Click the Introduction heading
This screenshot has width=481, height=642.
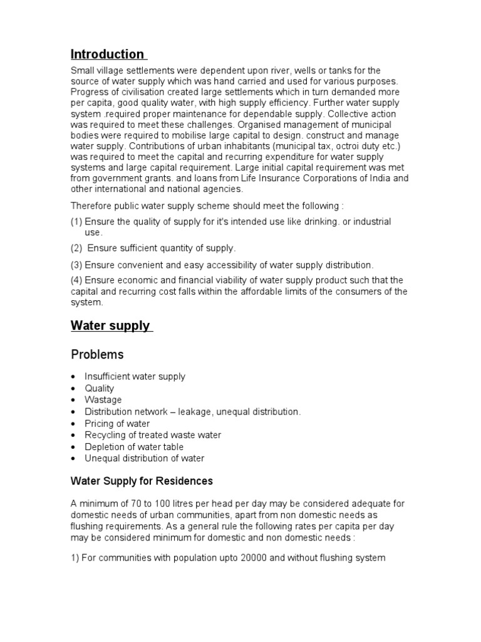(x=107, y=54)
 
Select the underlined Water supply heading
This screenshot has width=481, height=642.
(x=110, y=325)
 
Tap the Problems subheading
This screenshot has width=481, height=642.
(x=97, y=355)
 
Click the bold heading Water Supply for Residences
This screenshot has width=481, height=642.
(x=142, y=481)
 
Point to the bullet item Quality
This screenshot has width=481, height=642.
(x=100, y=388)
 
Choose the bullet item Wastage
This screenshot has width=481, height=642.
(x=103, y=400)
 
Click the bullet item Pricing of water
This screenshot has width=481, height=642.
(x=117, y=423)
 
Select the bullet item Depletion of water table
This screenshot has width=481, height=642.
(x=134, y=446)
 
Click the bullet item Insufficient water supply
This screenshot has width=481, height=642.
(x=135, y=377)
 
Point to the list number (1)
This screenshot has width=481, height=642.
(x=76, y=222)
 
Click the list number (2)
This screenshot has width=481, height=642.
(x=76, y=248)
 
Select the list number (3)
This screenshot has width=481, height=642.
(x=76, y=265)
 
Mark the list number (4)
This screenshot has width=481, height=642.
(x=76, y=280)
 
